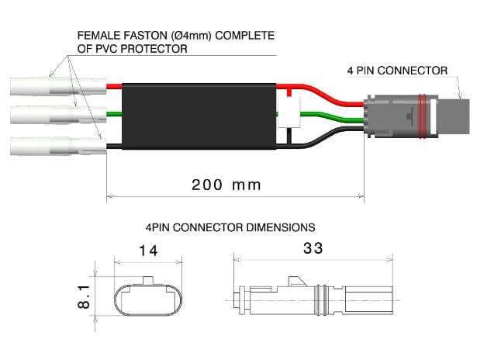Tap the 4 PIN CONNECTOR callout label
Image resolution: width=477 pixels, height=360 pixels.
(397, 71)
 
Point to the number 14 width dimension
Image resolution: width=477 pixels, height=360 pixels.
(148, 251)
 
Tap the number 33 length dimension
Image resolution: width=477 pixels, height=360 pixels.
(313, 248)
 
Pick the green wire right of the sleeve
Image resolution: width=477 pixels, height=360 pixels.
(326, 116)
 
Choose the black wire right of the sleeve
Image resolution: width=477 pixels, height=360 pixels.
(326, 138)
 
